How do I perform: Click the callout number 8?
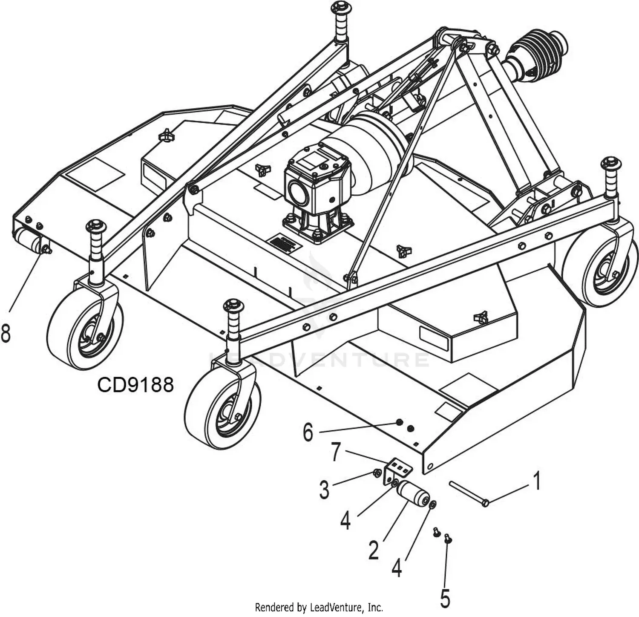pyautogui.click(x=6, y=333)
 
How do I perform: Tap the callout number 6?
pyautogui.click(x=308, y=432)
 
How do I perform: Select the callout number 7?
pyautogui.click(x=336, y=453)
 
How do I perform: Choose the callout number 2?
pyautogui.click(x=374, y=550)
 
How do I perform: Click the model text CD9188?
pyautogui.click(x=135, y=385)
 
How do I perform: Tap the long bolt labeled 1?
pyautogui.click(x=468, y=493)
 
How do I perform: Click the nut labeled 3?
pyautogui.click(x=377, y=472)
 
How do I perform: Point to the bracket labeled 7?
pyautogui.click(x=398, y=470)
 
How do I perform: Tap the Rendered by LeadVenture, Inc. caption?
pyautogui.click(x=319, y=607)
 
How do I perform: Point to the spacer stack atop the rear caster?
pyautogui.click(x=341, y=21)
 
